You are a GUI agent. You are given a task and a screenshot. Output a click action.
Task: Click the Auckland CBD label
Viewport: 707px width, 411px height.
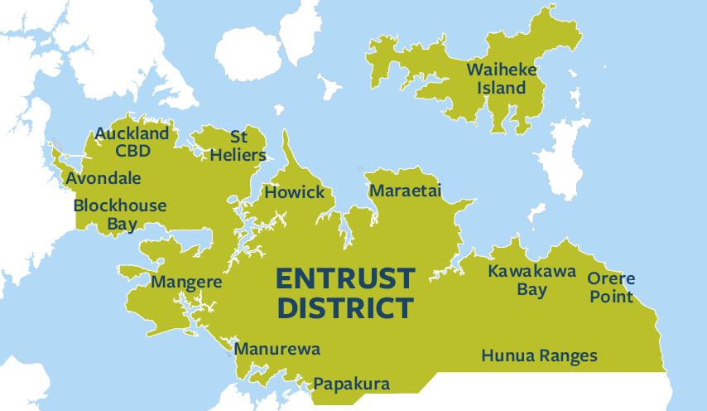tap(132, 142)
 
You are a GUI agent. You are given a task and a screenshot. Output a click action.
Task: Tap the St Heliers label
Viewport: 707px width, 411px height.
tap(238, 145)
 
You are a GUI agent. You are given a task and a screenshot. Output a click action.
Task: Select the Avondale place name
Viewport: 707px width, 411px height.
tap(103, 178)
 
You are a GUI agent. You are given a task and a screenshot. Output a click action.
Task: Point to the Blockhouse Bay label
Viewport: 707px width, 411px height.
tap(120, 214)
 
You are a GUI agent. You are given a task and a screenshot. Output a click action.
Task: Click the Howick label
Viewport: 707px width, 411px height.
tap(294, 192)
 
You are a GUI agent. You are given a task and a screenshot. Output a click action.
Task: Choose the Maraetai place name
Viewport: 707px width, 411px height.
tap(405, 191)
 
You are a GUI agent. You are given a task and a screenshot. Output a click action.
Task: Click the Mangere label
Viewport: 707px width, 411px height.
tap(186, 282)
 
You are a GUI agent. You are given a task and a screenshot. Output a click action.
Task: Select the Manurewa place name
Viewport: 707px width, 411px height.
tap(277, 349)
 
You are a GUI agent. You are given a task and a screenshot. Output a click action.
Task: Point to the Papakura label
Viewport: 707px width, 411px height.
tap(350, 384)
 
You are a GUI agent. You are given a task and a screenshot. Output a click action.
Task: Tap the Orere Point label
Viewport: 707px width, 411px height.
tap(611, 288)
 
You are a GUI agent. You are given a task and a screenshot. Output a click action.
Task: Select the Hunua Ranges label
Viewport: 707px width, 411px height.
tap(539, 356)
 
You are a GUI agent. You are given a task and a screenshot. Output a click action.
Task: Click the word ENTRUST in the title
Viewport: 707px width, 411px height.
tap(344, 277)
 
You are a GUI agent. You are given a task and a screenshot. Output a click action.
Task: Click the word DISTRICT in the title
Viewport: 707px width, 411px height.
tap(344, 307)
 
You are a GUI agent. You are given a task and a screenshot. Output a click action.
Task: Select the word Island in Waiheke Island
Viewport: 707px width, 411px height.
tap(505, 88)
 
